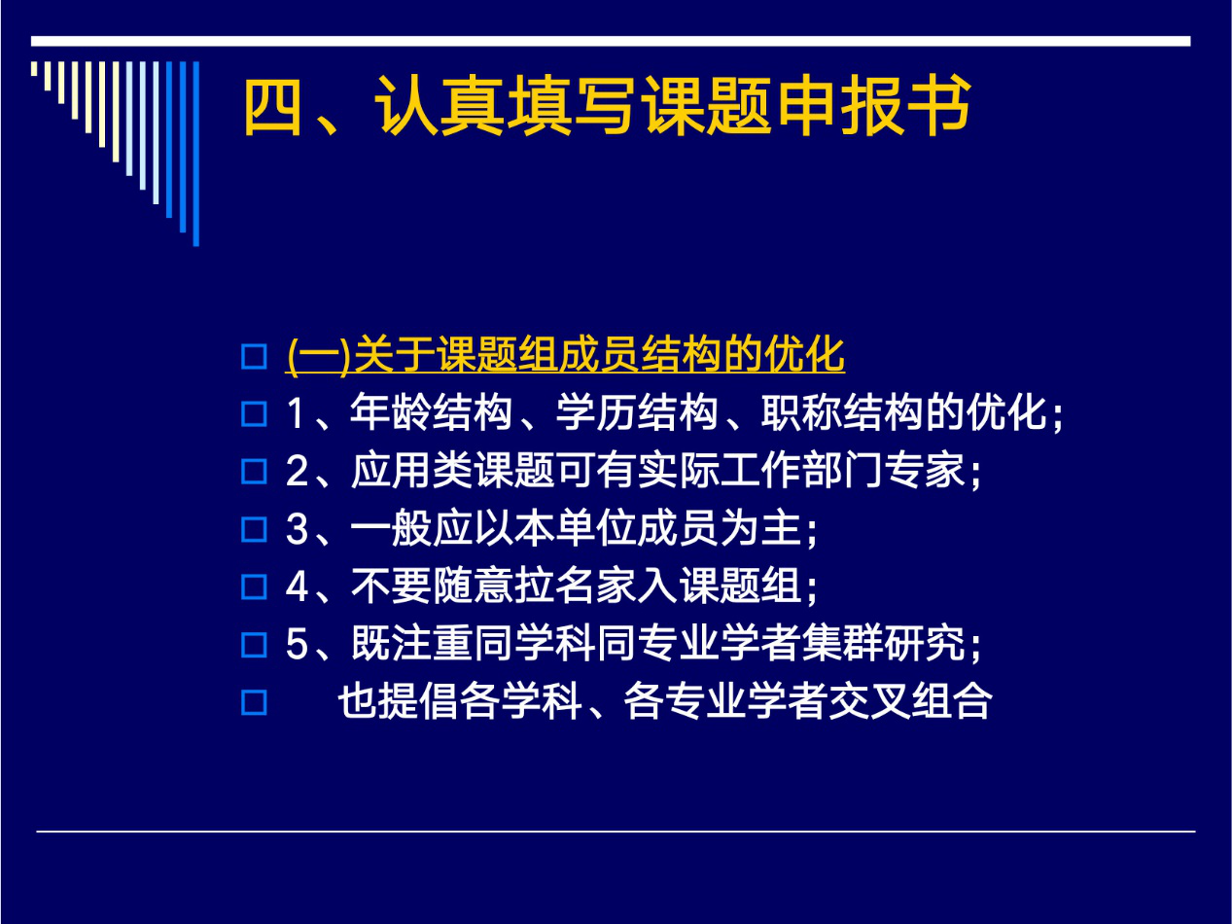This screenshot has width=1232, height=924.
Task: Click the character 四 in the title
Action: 273,106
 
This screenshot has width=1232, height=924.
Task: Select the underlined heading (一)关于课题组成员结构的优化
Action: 565,355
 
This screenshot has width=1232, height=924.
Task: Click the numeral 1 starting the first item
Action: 297,413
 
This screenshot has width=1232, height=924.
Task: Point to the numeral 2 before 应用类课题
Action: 298,471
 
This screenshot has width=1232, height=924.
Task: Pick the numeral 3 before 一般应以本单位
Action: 298,529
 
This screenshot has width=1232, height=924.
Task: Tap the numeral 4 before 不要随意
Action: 298,586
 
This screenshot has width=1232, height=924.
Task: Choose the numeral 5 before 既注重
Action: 298,644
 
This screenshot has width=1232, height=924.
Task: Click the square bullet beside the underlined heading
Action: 254,356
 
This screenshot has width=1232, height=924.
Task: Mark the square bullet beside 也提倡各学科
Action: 254,702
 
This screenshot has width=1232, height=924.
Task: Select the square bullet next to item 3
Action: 254,529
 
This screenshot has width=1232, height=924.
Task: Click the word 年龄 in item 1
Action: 391,412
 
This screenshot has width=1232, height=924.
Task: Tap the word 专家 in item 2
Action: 925,471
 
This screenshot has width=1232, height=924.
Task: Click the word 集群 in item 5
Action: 843,644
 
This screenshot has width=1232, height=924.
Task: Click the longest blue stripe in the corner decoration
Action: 195,154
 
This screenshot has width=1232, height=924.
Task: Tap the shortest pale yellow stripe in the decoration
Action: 34,69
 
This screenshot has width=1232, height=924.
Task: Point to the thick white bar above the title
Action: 611,42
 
